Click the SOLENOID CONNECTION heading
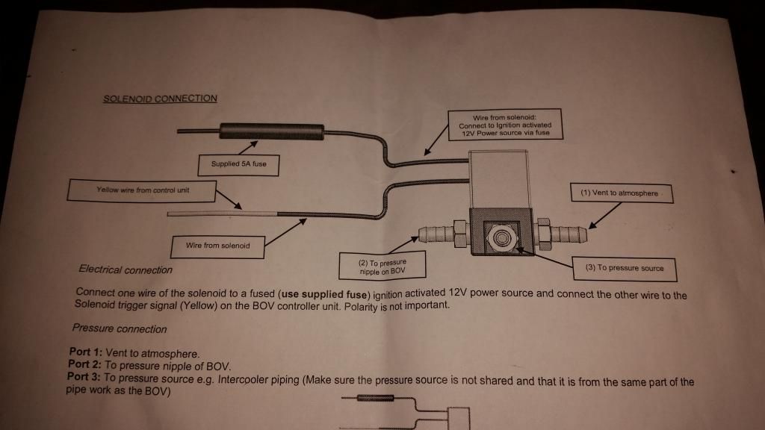tap(161, 99)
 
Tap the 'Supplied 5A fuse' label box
tap(239, 164)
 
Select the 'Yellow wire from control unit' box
tap(143, 190)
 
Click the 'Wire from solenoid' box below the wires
tap(217, 245)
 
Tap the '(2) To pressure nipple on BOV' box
tap(382, 267)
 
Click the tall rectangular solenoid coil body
tap(501, 177)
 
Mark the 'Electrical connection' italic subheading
tap(126, 269)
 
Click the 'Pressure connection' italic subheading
tap(120, 328)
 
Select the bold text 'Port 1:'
tap(84, 353)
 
